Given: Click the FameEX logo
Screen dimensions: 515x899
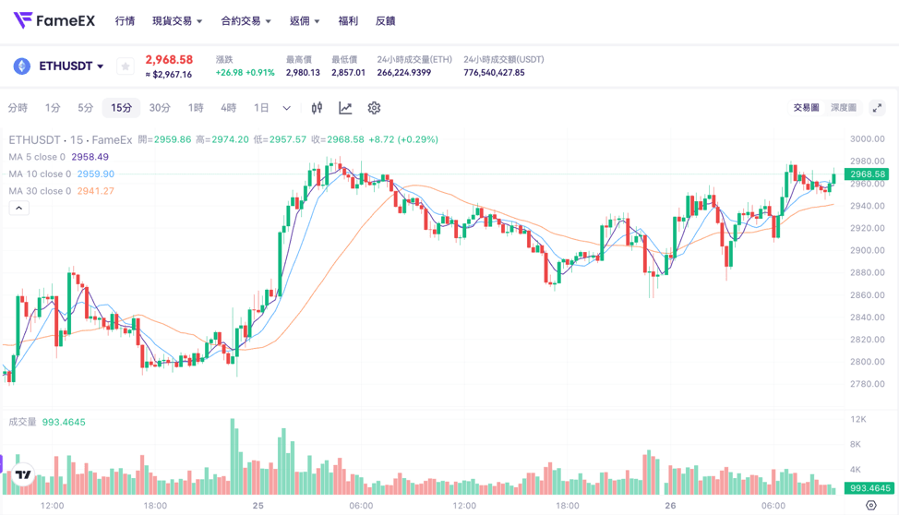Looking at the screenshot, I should tap(54, 20).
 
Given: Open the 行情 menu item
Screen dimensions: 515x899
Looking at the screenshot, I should tap(125, 21).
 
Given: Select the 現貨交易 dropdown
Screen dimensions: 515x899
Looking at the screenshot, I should tap(176, 21).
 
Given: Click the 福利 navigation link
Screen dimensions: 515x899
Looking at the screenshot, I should tap(348, 21).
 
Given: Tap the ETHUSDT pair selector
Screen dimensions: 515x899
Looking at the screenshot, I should tap(70, 66).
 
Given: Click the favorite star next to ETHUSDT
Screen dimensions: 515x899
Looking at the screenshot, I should tap(126, 66).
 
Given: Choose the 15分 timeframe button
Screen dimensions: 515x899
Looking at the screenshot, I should tap(121, 108).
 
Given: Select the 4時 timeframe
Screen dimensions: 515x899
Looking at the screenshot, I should tap(228, 108).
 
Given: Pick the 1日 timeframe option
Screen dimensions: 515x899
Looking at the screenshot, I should tap(261, 108).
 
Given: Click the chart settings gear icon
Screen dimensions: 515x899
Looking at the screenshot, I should tap(374, 108).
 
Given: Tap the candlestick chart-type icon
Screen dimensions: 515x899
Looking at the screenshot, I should tap(317, 108).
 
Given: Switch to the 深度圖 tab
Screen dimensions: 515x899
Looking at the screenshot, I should tap(843, 108).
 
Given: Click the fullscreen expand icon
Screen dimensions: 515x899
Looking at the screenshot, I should tap(877, 108).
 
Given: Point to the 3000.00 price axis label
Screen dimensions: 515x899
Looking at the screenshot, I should tap(867, 139).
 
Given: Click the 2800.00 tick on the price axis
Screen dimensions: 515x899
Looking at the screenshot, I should tap(867, 362).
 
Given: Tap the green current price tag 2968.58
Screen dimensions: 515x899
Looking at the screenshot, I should tap(867, 174).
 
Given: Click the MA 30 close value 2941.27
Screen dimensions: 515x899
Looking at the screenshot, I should tap(96, 191).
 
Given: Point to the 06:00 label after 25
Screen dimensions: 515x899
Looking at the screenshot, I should tap(361, 506).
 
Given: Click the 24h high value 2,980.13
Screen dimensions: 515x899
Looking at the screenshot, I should tap(303, 73).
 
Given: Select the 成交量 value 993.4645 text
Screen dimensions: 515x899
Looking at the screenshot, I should tap(64, 422).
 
